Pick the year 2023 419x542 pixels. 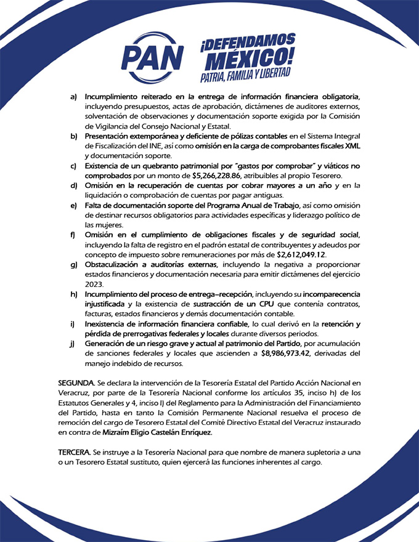tap(95, 284)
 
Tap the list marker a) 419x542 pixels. tap(73, 97)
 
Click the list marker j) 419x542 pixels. tap(73, 343)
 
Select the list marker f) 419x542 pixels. tap(73, 235)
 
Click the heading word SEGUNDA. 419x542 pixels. tap(76, 383)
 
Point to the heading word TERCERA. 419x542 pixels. tap(75, 451)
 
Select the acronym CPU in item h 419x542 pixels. tap(260, 304)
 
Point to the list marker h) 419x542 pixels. tap(73, 294)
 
